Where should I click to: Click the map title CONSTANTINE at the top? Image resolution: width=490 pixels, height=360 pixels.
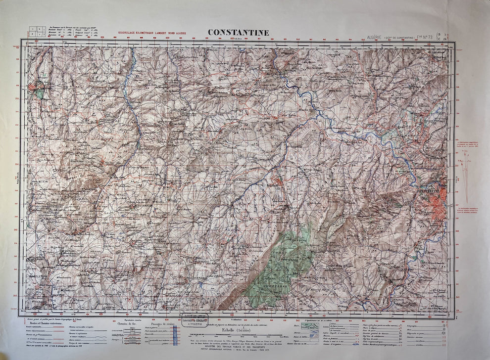pos(238,33)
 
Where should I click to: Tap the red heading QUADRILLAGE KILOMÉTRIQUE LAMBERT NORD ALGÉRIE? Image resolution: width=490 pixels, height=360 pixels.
pos(152,34)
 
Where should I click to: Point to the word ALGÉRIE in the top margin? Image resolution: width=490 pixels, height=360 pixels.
pos(374,38)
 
